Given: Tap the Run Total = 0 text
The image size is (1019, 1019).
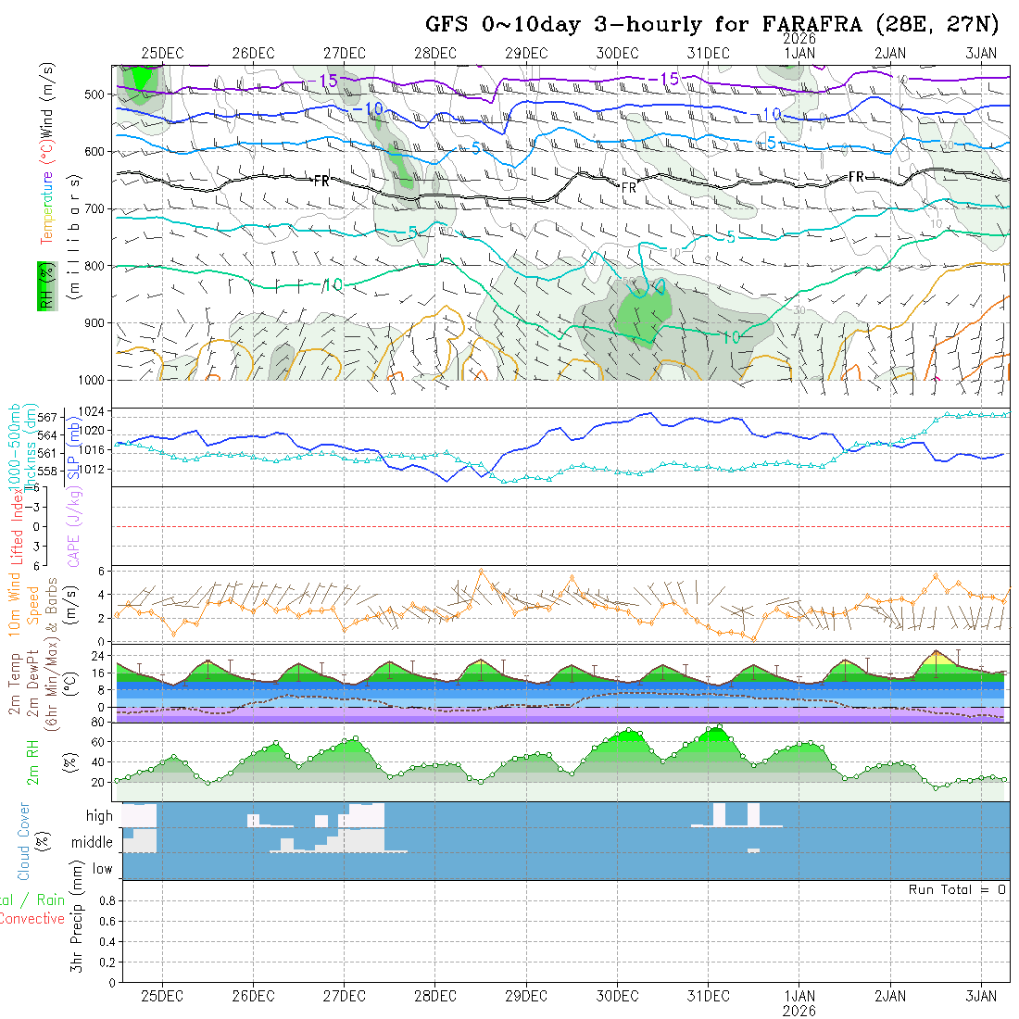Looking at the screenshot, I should coord(957,889).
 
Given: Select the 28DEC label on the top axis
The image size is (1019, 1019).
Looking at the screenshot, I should coord(434,53).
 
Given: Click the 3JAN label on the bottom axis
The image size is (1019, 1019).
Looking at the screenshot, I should coord(981,996).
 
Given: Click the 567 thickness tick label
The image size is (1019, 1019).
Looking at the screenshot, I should coord(53,417).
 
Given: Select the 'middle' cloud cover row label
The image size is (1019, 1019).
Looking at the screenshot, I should coord(92,842).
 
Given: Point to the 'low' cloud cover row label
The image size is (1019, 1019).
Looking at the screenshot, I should coord(102,869).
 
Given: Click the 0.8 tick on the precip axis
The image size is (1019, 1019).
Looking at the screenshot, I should coord(105,900).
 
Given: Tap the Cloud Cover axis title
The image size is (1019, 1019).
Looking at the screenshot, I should coord(23,841).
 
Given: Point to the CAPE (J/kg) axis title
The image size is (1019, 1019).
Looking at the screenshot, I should coord(72,526).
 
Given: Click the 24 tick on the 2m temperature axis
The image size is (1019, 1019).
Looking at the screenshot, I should coord(96,654).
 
